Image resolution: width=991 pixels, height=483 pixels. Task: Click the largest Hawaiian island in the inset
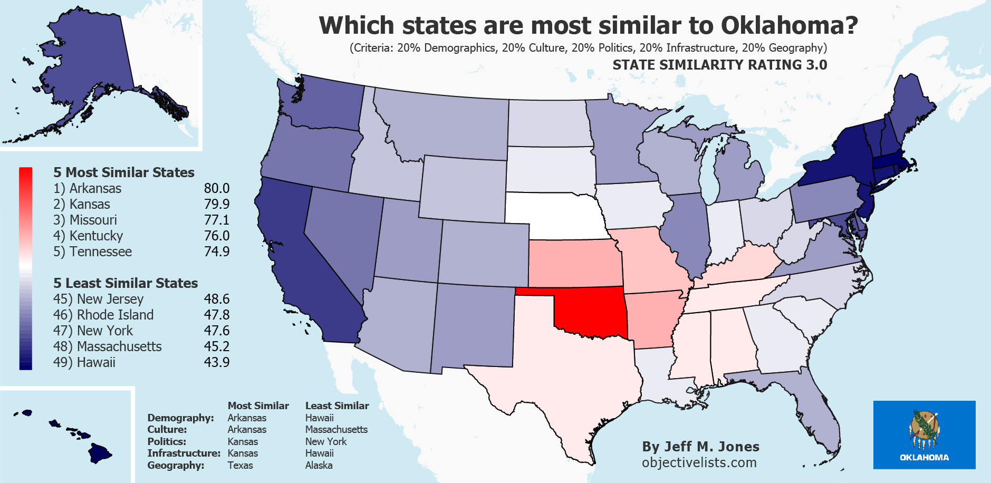click(99, 453)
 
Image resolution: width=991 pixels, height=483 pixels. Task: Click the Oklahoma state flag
click(924, 434)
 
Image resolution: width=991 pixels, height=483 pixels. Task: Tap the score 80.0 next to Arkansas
click(216, 188)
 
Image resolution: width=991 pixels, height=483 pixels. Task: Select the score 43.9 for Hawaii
click(216, 362)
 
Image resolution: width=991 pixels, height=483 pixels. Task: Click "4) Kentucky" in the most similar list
click(88, 236)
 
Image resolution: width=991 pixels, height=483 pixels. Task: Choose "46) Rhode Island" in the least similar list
click(103, 315)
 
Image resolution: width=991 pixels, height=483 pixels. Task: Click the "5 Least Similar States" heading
click(126, 283)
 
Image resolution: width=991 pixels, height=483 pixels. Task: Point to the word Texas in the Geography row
click(240, 465)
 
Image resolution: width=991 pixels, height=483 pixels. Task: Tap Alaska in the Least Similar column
click(319, 465)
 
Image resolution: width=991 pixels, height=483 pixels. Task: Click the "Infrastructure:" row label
click(184, 453)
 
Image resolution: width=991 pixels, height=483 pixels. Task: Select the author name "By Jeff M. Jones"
click(700, 447)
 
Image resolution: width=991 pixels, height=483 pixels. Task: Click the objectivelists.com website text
click(699, 462)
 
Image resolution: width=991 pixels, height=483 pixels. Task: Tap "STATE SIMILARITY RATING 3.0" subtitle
click(719, 65)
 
